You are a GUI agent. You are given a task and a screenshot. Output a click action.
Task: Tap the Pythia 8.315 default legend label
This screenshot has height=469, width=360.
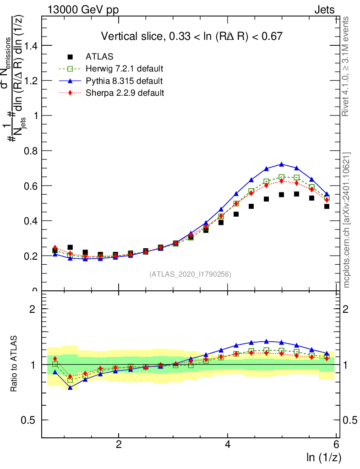pos(124,81)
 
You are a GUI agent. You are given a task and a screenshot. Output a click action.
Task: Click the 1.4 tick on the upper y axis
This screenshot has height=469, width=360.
pos(31,46)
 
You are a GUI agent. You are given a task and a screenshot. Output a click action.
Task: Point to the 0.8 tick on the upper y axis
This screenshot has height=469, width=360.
pos(31,151)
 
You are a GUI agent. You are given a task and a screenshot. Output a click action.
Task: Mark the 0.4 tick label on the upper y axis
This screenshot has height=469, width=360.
pos(31,221)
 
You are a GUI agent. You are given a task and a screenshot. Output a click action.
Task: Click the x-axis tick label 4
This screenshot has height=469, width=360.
pos(228,445)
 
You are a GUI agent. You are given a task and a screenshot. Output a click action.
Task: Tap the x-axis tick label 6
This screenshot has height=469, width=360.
pos(337,445)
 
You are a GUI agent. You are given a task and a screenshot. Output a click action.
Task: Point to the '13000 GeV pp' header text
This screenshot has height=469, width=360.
pos(82,10)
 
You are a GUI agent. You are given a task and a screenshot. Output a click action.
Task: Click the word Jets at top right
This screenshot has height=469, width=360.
pos(324,10)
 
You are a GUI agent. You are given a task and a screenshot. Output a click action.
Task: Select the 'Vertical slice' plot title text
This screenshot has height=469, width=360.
pos(191,36)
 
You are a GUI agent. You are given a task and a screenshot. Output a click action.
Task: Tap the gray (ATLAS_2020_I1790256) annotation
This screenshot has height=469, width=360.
pos(190,274)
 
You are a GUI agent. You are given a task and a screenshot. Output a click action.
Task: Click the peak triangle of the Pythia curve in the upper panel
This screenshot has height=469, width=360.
pos(281,164)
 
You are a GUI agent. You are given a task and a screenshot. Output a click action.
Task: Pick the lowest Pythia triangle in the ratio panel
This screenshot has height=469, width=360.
pos(70,387)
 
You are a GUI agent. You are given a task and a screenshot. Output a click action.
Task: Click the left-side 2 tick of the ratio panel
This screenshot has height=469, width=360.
pos(33,309)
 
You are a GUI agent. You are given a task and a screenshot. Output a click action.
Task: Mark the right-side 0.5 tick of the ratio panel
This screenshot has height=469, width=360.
pos(349,420)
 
